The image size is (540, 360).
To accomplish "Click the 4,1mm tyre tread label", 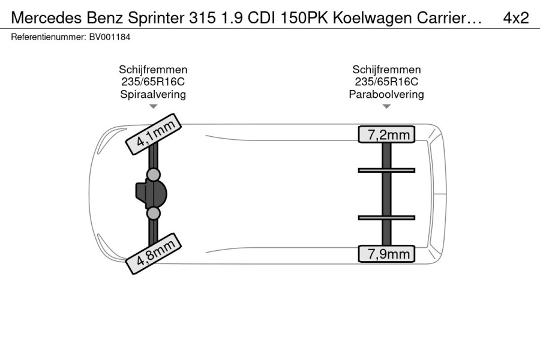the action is pyautogui.click(x=153, y=134).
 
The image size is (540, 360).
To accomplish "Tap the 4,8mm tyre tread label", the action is pyautogui.click(x=153, y=254).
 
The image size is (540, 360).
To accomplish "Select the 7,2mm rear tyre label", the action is pyautogui.click(x=386, y=134).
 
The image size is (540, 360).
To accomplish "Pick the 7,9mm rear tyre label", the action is pyautogui.click(x=386, y=254).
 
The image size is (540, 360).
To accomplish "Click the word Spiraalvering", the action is pyautogui.click(x=153, y=94).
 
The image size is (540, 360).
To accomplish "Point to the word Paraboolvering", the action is pyautogui.click(x=386, y=94).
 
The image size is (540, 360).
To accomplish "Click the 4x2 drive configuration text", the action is pyautogui.click(x=516, y=18).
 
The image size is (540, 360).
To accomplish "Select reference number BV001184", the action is pyautogui.click(x=110, y=37).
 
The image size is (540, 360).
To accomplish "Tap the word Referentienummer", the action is pyautogui.click(x=48, y=37).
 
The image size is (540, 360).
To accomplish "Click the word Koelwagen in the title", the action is pyautogui.click(x=372, y=18).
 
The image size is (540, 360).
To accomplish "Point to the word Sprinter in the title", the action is pyautogui.click(x=156, y=18).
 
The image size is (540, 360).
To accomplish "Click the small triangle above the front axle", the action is pyautogui.click(x=153, y=106).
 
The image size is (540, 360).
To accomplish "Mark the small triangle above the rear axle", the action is pyautogui.click(x=386, y=106).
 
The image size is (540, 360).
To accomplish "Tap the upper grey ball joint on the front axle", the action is pyautogui.click(x=153, y=175).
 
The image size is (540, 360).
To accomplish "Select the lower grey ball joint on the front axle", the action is pyautogui.click(x=153, y=214).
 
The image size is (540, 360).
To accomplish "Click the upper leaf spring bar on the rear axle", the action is pyautogui.click(x=386, y=170).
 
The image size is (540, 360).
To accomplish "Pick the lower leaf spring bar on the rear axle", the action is pyautogui.click(x=386, y=218).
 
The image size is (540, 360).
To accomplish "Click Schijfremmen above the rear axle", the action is pyautogui.click(x=386, y=70).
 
